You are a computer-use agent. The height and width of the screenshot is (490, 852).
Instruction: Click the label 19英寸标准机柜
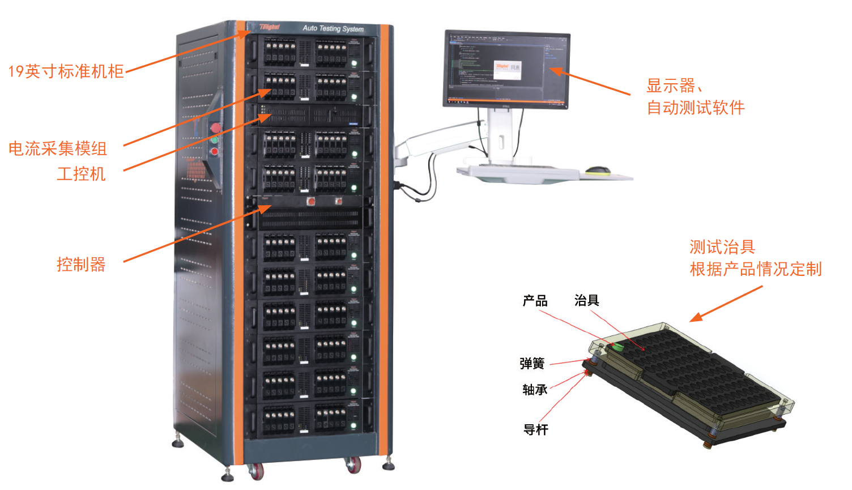coord(66,71)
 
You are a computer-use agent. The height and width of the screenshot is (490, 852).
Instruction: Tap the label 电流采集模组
coord(58,148)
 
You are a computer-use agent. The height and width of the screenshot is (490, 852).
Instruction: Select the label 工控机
coord(81,174)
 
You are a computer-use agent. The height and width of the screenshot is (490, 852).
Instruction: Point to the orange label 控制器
coord(81,265)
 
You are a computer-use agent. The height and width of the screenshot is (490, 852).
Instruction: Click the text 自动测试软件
coord(696,108)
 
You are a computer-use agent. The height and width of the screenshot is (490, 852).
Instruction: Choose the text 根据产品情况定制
coord(755,269)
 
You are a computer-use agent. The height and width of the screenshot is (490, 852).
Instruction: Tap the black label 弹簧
coord(532,364)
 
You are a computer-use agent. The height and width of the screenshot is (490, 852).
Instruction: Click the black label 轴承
coord(535,390)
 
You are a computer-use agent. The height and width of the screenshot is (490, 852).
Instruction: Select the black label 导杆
coord(535,430)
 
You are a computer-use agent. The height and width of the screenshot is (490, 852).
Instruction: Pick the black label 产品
coord(535,301)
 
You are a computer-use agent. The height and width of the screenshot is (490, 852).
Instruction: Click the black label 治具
coord(586,301)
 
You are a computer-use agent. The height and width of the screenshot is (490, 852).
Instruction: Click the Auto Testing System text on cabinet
coord(333,28)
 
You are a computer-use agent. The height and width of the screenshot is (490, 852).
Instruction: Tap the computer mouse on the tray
coord(598,170)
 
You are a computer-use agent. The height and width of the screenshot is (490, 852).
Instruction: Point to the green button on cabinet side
coord(215,139)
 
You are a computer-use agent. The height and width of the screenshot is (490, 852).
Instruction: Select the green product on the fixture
coord(617,347)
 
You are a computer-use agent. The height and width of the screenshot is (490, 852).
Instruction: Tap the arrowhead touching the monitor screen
coord(555,71)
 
